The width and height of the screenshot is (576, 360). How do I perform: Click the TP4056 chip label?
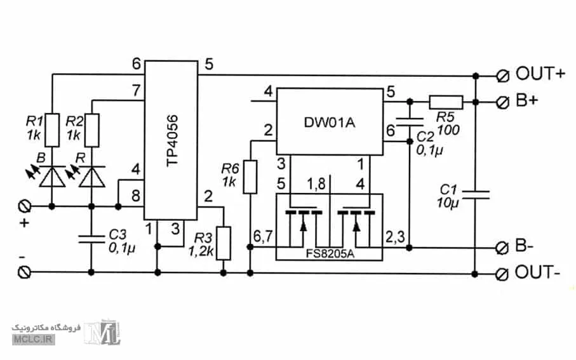pyautogui.click(x=172, y=141)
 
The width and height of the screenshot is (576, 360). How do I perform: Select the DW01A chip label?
pyautogui.click(x=330, y=123)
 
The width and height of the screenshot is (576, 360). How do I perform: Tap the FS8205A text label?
pyautogui.click(x=330, y=254)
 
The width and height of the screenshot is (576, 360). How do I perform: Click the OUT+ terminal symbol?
pyautogui.click(x=502, y=76)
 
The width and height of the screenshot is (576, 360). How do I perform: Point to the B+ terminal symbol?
pyautogui.click(x=502, y=102)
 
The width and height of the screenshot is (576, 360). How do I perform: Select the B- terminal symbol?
pyautogui.click(x=502, y=248)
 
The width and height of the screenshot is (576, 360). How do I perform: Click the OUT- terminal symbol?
pyautogui.click(x=502, y=274)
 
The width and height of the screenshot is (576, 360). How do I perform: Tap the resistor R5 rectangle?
pyautogui.click(x=446, y=102)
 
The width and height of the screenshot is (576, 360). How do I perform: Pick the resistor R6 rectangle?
pyautogui.click(x=250, y=177)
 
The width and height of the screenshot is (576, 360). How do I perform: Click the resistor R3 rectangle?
pyautogui.click(x=224, y=243)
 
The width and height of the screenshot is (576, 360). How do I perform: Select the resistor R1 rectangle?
pyautogui.click(x=52, y=130)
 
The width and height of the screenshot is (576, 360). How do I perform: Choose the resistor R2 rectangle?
pyautogui.click(x=92, y=130)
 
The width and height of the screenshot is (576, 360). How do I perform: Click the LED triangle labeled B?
pyautogui.click(x=52, y=177)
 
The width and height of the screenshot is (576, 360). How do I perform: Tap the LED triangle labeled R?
pyautogui.click(x=92, y=177)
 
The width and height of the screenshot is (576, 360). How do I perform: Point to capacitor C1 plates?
pyautogui.click(x=476, y=195)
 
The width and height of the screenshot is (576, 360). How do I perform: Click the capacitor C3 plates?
pyautogui.click(x=92, y=239)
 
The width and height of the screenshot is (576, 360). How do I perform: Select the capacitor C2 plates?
pyautogui.click(x=410, y=122)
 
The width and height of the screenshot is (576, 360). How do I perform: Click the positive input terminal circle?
pyautogui.click(x=25, y=206)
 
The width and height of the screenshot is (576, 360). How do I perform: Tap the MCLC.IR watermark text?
pyautogui.click(x=33, y=338)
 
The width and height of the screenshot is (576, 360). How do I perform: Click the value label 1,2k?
pyautogui.click(x=201, y=251)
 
